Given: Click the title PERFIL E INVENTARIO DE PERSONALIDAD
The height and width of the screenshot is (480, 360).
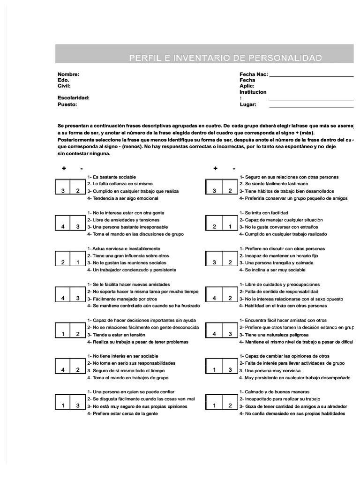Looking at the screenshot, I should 226,58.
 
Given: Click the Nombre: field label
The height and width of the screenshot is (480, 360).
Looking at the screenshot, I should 68,75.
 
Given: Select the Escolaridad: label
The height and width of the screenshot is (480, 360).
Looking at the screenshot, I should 74,98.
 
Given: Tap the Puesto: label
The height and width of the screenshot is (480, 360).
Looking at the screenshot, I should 67,105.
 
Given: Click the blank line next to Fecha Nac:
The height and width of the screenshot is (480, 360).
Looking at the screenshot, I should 312,75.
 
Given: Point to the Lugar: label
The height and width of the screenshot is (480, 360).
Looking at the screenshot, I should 248,105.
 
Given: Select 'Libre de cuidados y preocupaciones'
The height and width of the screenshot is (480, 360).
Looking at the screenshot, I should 279,285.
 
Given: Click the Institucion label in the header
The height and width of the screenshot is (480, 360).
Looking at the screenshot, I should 253,92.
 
